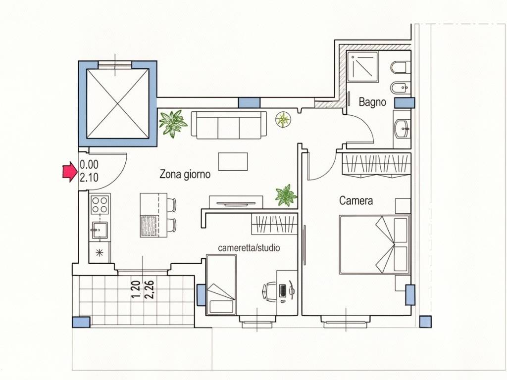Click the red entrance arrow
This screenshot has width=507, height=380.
[68, 172]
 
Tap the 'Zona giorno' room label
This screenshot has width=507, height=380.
[185, 174]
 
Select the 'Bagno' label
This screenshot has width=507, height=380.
[372, 102]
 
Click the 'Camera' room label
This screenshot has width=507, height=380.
[356, 201]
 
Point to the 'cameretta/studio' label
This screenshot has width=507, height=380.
[249, 248]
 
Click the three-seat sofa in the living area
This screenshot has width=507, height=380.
[229, 125]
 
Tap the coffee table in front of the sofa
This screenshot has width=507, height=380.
[233, 162]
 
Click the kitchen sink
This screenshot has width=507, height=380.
[99, 230]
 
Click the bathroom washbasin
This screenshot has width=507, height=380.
[402, 129]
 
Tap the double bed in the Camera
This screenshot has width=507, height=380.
[374, 244]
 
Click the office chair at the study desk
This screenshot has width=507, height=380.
[269, 292]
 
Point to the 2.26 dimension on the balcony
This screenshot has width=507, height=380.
[150, 290]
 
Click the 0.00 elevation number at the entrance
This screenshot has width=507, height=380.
[89, 165]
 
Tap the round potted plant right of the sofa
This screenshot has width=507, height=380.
[283, 120]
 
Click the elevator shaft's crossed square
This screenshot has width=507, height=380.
[118, 103]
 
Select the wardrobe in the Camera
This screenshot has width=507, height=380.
[376, 164]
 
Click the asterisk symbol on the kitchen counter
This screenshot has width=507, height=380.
[99, 253]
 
